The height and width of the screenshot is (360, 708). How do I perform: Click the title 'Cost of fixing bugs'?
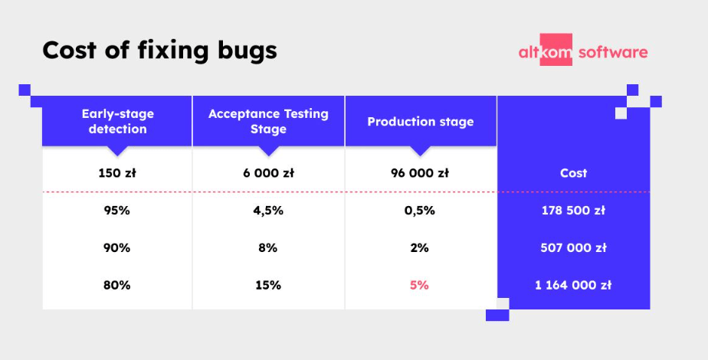point(159,51)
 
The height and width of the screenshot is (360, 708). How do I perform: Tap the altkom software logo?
point(582,52)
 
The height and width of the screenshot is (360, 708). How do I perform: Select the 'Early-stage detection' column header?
point(117,121)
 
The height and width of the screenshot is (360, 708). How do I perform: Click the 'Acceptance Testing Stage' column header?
point(268,121)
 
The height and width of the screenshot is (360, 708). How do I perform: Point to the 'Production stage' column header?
point(420,122)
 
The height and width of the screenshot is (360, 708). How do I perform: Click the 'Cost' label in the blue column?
point(573,173)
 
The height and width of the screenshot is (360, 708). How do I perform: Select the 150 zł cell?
point(117,173)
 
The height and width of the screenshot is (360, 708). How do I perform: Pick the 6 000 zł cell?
point(268,173)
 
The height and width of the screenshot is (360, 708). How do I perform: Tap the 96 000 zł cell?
point(420,173)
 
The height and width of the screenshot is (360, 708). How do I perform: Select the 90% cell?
point(117,248)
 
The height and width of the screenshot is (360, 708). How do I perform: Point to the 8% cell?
point(268,248)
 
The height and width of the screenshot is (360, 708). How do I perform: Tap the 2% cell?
point(420,248)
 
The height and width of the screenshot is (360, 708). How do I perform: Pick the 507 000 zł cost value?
point(573,248)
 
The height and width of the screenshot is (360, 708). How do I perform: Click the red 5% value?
point(420,285)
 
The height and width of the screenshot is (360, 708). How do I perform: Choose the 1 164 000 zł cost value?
point(573,285)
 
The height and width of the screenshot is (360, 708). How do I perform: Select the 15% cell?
point(268,285)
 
